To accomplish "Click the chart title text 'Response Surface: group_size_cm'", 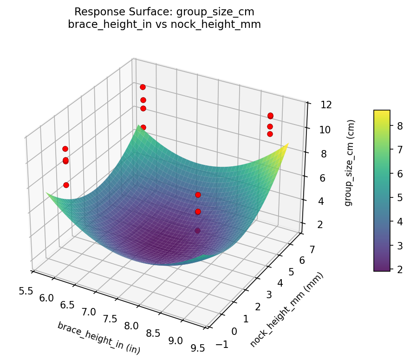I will [164, 12].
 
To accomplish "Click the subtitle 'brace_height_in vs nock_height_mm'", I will [164, 25].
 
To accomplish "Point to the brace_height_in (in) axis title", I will [98, 338].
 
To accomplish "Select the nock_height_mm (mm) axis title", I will [286, 310].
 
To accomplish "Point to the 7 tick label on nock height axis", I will [312, 250].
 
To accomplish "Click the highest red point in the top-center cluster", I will [143, 87].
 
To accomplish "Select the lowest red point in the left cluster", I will [66, 185].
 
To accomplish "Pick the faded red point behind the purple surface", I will [198, 230].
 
